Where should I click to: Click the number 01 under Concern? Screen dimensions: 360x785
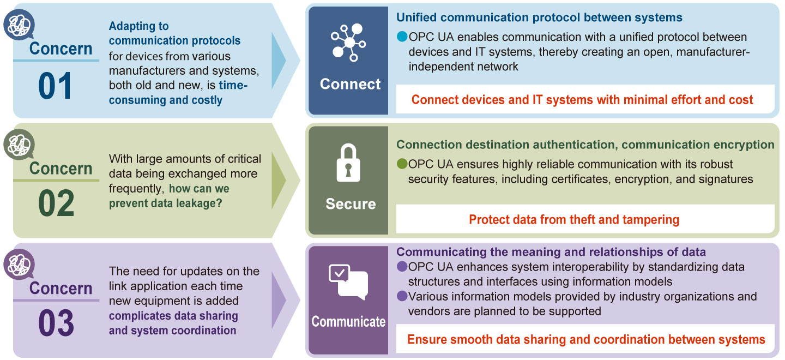coord(55,86)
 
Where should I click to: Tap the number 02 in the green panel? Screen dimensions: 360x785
coord(56,205)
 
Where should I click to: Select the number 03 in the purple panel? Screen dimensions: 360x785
coord(56,323)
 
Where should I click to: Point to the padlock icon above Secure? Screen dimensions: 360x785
coord(348,163)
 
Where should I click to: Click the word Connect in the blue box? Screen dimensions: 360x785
coord(350,84)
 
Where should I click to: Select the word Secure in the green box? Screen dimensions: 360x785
coord(351,204)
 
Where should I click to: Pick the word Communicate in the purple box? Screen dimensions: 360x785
coord(348,321)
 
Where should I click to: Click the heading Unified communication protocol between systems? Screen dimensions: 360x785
coord(539,17)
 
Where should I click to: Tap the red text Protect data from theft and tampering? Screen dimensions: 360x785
coord(574,220)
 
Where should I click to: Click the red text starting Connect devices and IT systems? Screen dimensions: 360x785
coord(582,100)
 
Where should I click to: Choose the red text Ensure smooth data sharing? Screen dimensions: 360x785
coord(586,339)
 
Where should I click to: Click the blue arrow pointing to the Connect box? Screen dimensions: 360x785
coord(278,61)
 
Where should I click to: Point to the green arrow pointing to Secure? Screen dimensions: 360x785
coord(278,181)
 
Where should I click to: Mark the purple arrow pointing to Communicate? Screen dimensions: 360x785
coord(278,300)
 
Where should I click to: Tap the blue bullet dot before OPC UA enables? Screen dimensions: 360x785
coord(402,37)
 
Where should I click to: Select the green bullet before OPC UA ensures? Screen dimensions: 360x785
coord(402,164)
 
